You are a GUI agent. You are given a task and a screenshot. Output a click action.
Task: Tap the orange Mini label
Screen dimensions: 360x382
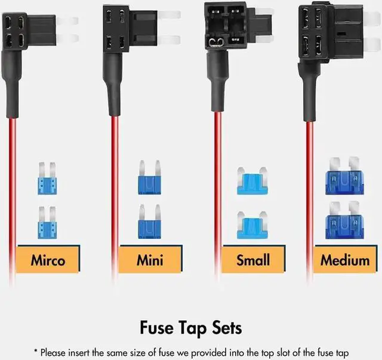click(149, 260)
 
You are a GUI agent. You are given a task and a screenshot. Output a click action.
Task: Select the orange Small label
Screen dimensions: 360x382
click(252, 260)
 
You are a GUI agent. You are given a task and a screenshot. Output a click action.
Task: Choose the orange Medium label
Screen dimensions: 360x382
click(344, 260)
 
